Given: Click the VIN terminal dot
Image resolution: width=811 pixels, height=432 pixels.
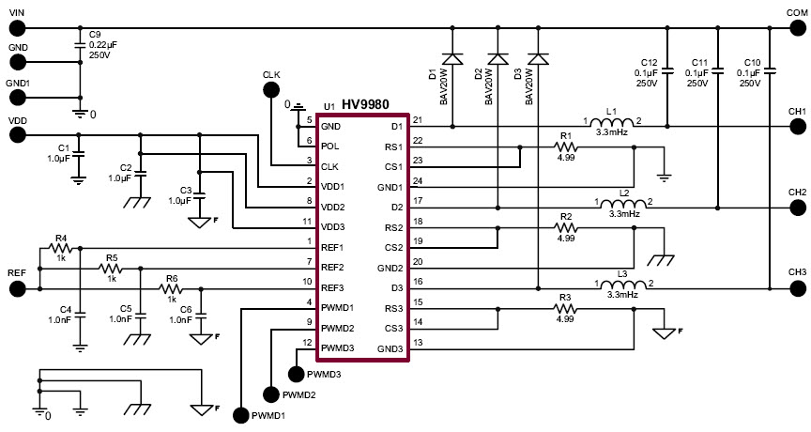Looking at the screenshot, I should (17, 25).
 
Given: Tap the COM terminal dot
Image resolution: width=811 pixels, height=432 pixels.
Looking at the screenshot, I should (797, 25).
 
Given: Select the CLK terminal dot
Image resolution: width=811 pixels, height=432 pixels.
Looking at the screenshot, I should (272, 89).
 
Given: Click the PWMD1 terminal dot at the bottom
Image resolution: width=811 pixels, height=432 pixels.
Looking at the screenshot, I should (241, 414).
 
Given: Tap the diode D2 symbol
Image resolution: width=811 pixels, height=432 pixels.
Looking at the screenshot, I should (496, 59).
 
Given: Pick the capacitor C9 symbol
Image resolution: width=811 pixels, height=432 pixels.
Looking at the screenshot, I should (80, 43).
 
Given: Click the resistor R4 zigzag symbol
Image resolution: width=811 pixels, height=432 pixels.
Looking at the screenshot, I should (61, 248).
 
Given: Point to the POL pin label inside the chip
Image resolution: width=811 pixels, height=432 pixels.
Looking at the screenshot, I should (330, 147).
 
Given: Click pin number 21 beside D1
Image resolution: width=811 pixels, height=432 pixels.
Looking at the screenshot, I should (418, 120).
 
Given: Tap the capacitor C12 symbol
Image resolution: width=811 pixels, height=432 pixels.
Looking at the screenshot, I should (666, 69).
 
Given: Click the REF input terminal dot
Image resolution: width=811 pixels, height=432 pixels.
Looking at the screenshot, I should (17, 287).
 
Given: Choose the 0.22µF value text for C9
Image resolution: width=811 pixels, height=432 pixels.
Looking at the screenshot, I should (104, 44).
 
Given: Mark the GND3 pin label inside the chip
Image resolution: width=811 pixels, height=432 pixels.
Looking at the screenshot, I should (390, 348).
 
